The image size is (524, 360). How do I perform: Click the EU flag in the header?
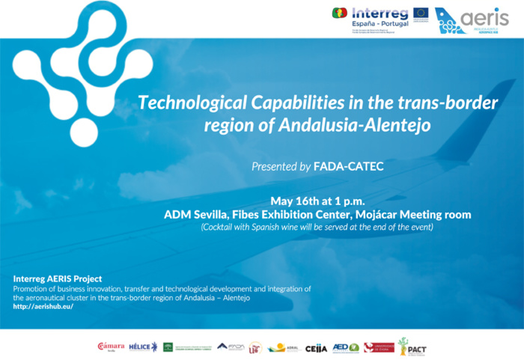pyautogui.click(x=421, y=12)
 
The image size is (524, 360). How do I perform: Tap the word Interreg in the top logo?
pyautogui.click(x=380, y=13)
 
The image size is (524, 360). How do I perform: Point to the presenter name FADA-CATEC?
pyautogui.click(x=348, y=166)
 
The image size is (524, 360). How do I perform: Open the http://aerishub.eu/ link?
pyautogui.click(x=43, y=307)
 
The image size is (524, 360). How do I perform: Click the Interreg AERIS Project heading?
pyautogui.click(x=58, y=278)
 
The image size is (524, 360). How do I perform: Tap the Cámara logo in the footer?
pyautogui.click(x=111, y=347)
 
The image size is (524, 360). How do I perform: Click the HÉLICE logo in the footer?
pyautogui.click(x=143, y=347)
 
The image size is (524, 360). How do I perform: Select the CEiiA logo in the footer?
pyautogui.click(x=316, y=348)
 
